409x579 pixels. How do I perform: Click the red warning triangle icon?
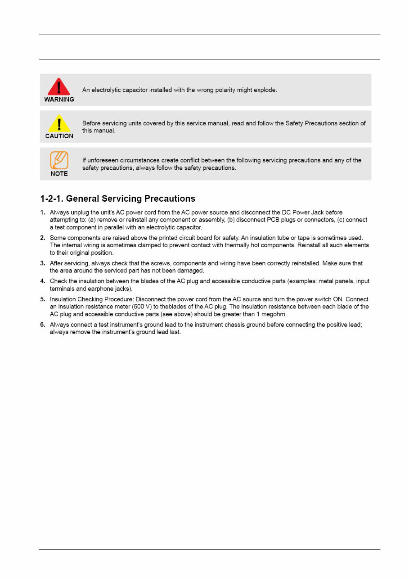click(59, 87)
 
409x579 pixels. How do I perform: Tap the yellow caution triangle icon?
click(59, 123)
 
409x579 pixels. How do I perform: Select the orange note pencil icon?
click(59, 160)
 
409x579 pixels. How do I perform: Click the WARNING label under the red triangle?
click(59, 100)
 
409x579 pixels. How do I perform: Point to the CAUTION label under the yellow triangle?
click(59, 136)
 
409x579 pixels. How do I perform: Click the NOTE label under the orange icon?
click(59, 173)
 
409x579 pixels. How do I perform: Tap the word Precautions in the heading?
click(170, 199)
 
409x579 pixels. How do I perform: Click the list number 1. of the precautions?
click(43, 212)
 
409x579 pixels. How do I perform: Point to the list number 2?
click(43, 237)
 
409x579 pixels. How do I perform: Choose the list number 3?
click(43, 263)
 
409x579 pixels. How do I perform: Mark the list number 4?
click(43, 281)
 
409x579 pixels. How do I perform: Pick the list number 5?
click(43, 299)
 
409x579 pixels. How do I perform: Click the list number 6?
click(43, 325)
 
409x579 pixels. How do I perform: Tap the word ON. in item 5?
click(338, 299)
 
